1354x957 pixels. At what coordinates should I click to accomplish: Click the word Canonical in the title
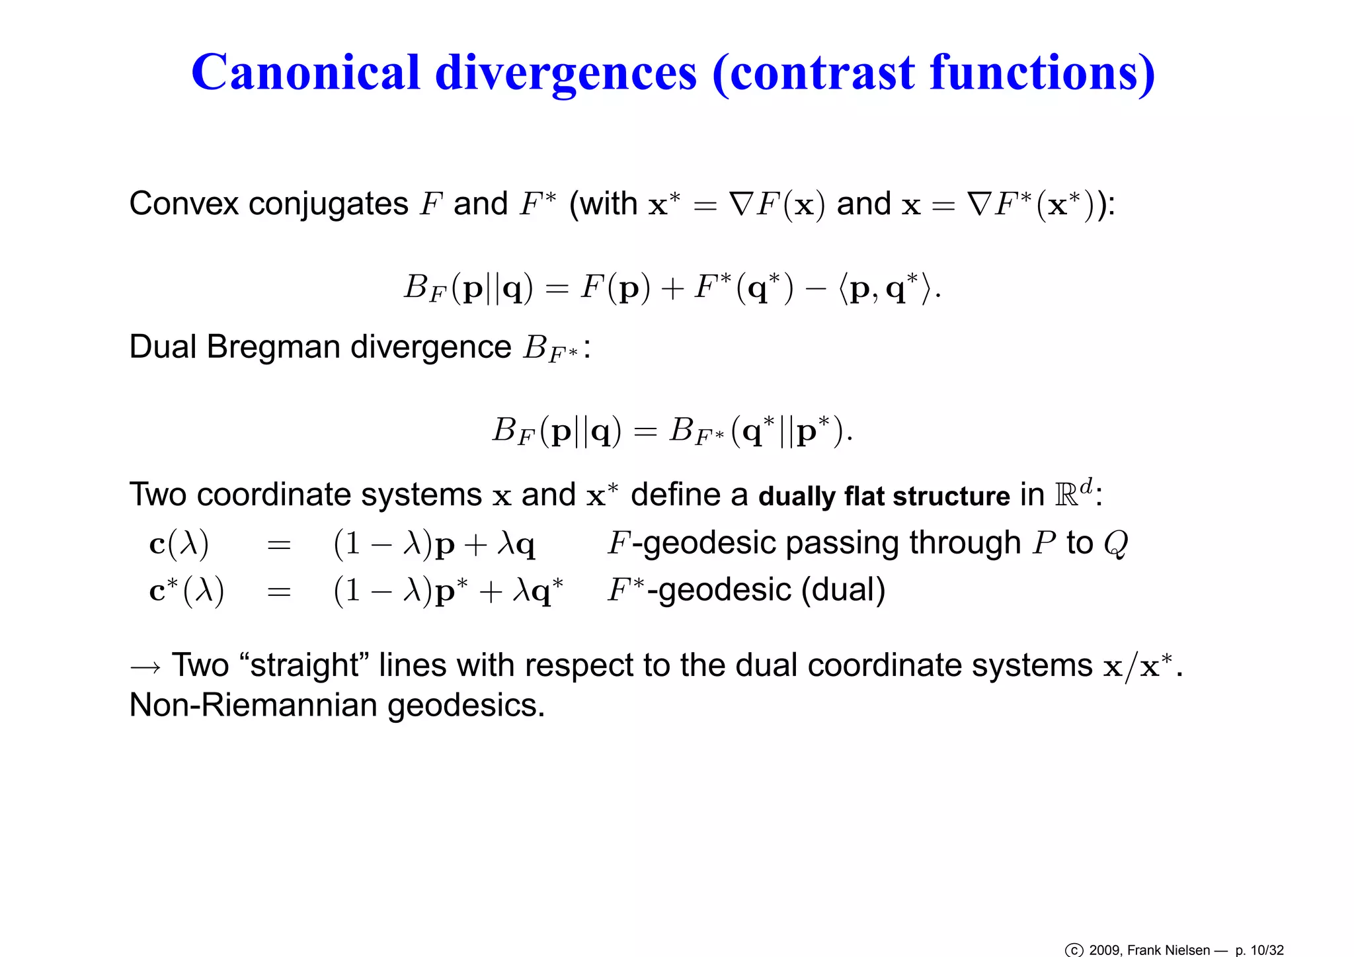[x=305, y=72]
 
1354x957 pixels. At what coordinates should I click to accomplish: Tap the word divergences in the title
[x=566, y=72]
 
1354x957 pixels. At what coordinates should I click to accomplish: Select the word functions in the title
[x=1042, y=72]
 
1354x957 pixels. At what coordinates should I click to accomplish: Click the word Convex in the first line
[x=183, y=203]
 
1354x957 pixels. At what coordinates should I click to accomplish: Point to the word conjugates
[x=329, y=204]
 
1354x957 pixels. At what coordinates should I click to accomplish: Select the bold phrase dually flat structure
[x=884, y=495]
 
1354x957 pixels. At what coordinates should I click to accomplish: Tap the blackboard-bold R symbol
[x=1066, y=495]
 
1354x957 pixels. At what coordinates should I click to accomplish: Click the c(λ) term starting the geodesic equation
[x=179, y=544]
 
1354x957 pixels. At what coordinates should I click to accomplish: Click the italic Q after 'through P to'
[x=1115, y=544]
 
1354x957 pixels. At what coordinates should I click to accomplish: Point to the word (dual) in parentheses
[x=844, y=589]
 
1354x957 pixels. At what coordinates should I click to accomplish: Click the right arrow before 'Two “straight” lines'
[x=145, y=667]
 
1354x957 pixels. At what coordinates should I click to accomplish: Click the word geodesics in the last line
[x=465, y=706]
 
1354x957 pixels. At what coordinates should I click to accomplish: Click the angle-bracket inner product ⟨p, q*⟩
[x=887, y=288]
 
